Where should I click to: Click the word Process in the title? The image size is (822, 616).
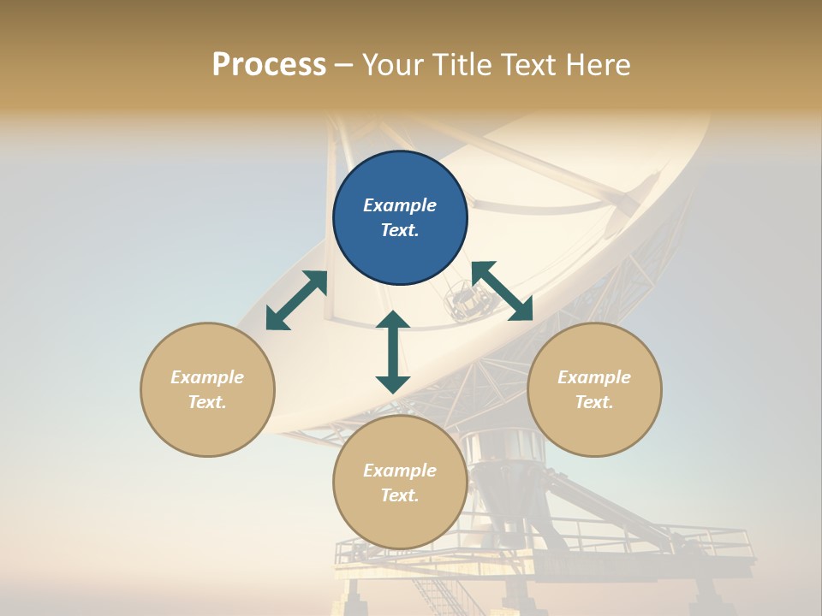pos(269,65)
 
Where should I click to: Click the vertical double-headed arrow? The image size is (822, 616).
pos(393,352)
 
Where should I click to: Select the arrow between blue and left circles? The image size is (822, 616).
pos(296,300)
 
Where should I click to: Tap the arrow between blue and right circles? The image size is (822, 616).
pos(503,291)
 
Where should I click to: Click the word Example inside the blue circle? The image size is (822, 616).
pos(400,205)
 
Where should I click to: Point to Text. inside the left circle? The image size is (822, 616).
pos(207,402)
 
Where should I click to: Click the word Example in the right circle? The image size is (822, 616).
pos(594,377)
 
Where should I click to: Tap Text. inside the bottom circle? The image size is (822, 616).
pos(400,495)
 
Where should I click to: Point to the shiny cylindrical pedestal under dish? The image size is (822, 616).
pos(510,453)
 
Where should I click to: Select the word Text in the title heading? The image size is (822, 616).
pos(525,65)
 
